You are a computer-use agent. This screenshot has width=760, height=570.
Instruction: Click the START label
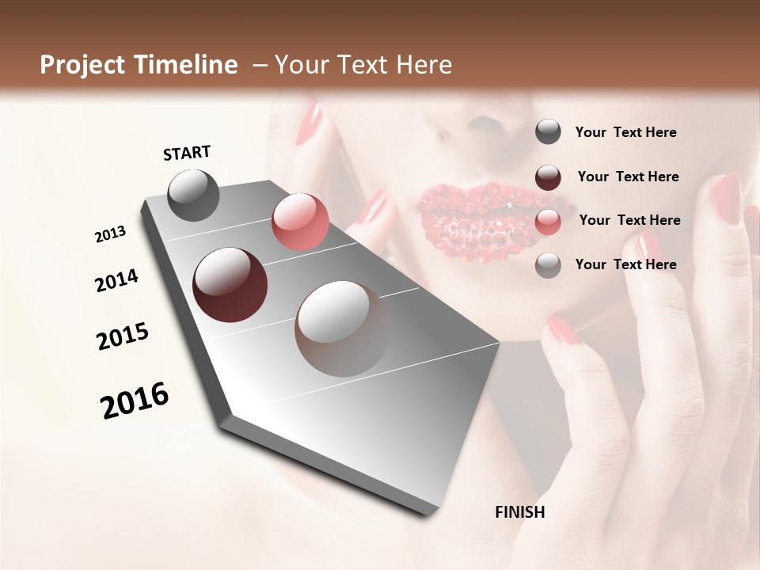coord(187,152)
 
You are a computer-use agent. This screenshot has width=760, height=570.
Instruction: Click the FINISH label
coord(519,512)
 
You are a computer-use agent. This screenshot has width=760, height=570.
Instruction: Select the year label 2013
coord(111,234)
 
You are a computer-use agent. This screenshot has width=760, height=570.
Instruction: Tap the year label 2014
coord(117,280)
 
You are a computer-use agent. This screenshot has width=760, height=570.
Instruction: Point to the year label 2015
coord(123,336)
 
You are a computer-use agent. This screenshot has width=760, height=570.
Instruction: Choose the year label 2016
coord(135,401)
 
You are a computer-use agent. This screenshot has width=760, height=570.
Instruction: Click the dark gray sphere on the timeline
coord(193,195)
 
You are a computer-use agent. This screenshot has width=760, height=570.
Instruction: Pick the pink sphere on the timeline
coord(300,222)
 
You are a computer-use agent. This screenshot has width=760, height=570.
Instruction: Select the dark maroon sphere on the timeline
coord(230,285)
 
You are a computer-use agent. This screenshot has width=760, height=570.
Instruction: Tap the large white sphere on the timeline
coord(342,329)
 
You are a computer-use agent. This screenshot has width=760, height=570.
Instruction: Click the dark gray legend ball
coord(548,132)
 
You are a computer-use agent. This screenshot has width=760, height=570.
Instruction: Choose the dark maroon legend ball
coord(548,177)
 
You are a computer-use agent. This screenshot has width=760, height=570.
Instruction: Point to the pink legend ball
coord(548,221)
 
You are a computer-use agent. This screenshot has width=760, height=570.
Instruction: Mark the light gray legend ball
coord(548,265)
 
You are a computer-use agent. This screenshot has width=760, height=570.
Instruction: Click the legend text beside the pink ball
coord(629,220)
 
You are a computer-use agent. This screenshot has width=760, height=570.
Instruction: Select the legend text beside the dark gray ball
coord(625,132)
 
